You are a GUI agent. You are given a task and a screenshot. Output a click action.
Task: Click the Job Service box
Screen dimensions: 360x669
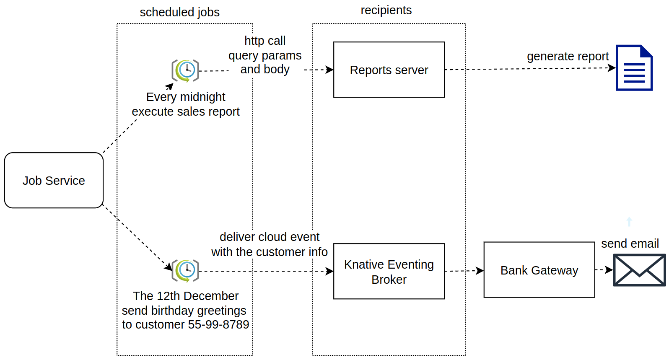pos(54,180)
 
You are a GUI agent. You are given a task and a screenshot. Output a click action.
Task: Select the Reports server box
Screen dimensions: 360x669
pos(389,70)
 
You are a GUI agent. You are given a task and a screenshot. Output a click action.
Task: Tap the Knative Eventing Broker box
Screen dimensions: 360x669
pos(389,271)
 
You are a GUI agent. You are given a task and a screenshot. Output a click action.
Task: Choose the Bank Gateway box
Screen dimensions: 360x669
pos(539,270)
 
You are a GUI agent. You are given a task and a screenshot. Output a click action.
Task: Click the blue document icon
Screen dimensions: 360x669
pos(634,68)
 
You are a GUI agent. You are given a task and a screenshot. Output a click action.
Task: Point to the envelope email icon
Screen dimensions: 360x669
pos(639,270)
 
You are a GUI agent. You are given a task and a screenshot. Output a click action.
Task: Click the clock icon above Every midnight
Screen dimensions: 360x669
pos(185,70)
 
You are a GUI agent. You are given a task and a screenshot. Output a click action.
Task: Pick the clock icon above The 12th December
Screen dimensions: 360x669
pos(185,271)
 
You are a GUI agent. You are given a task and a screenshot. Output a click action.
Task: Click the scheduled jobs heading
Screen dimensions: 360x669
pos(179,12)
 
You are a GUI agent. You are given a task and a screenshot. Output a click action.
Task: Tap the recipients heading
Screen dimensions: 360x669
pos(386,10)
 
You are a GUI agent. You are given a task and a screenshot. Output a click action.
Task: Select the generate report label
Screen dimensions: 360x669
pos(568,56)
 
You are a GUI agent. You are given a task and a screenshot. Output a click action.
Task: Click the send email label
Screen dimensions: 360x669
pos(630,243)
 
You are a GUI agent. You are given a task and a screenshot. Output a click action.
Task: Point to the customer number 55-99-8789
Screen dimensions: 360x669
pos(218,324)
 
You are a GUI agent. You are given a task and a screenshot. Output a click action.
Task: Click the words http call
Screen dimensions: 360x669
pos(265,41)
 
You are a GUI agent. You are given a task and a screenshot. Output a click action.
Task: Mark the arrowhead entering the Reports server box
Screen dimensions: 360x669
pos(330,70)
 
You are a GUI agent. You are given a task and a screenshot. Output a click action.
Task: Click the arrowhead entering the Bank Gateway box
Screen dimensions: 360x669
pos(480,271)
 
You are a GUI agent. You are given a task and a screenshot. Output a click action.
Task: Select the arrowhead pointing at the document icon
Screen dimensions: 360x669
pos(612,67)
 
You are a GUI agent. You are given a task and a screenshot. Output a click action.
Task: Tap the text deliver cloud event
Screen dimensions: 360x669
pos(269,237)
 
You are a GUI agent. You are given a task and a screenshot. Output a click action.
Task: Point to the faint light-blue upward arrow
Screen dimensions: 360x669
pos(629,221)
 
